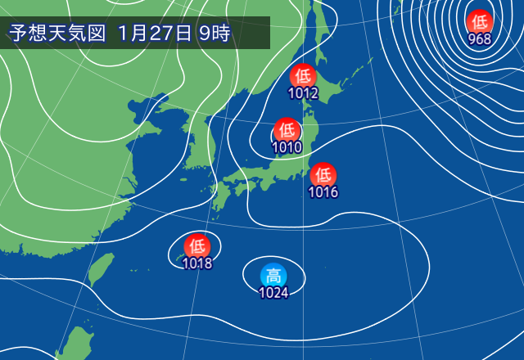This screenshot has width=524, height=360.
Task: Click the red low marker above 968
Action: [x=479, y=21]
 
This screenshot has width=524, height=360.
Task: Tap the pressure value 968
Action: [x=479, y=38]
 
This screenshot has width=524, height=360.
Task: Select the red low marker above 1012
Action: [x=303, y=76]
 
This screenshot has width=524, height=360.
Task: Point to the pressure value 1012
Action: [x=303, y=93]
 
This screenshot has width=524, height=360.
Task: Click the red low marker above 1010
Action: [x=287, y=130]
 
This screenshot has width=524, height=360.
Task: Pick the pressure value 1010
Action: [x=287, y=147]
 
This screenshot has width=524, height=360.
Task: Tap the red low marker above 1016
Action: [x=323, y=174]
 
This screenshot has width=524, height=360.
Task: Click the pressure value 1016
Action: [x=323, y=192]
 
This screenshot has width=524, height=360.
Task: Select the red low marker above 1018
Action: [x=197, y=245]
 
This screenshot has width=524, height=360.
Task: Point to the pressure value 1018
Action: [x=197, y=263]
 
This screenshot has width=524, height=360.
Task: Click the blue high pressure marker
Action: [x=273, y=276]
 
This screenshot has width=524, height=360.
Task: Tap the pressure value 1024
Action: [x=273, y=293]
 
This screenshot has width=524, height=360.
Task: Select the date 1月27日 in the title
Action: [x=155, y=34]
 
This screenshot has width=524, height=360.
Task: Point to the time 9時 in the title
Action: [x=215, y=34]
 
